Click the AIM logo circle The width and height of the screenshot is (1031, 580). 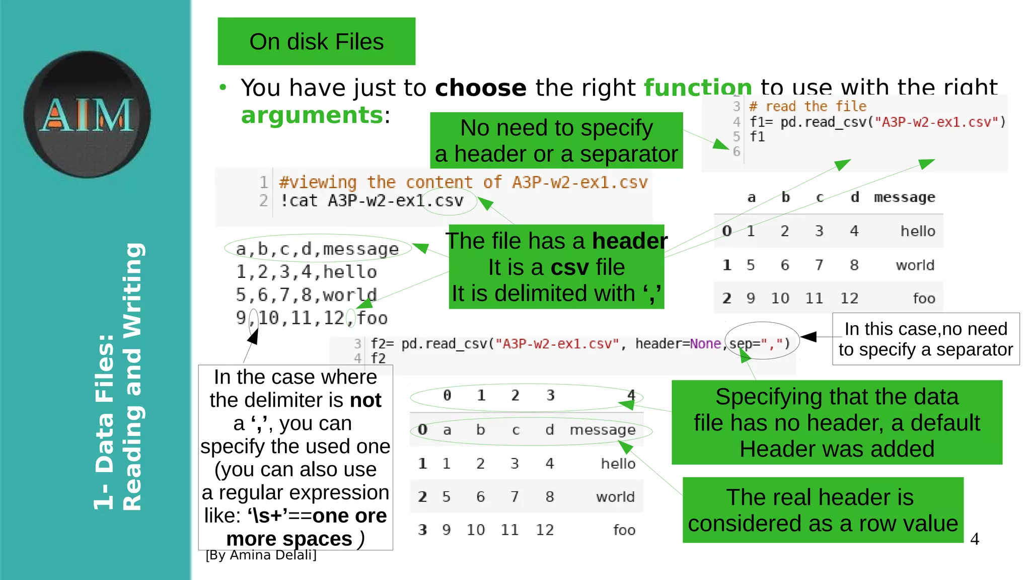pyautogui.click(x=87, y=114)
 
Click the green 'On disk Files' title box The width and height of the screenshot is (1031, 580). pyautogui.click(x=316, y=41)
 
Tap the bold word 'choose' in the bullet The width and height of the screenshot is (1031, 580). pyautogui.click(x=480, y=88)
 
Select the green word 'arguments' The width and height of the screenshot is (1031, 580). pyautogui.click(x=312, y=115)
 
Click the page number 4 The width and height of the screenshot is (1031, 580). pyautogui.click(x=975, y=539)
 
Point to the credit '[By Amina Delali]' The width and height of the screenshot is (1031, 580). pyautogui.click(x=261, y=555)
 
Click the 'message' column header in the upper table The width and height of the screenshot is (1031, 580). pyautogui.click(x=904, y=197)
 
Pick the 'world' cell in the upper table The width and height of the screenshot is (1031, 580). pyautogui.click(x=915, y=265)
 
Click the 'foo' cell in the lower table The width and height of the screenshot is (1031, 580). pyautogui.click(x=624, y=530)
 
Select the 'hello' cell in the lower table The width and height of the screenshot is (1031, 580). pyautogui.click(x=618, y=464)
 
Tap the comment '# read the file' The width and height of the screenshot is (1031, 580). pyautogui.click(x=808, y=107)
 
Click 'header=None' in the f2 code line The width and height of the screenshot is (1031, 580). pyautogui.click(x=678, y=344)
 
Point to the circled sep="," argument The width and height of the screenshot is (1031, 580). pyautogui.click(x=761, y=343)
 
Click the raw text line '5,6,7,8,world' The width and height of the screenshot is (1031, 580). pyautogui.click(x=306, y=295)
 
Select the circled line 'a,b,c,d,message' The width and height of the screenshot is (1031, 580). pyautogui.click(x=317, y=249)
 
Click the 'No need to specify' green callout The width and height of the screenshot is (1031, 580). pyautogui.click(x=556, y=140)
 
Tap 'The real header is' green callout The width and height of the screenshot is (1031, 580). pyautogui.click(x=823, y=510)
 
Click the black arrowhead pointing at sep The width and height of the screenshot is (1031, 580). pyautogui.click(x=808, y=337)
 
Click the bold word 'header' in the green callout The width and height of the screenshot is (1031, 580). pyautogui.click(x=629, y=241)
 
